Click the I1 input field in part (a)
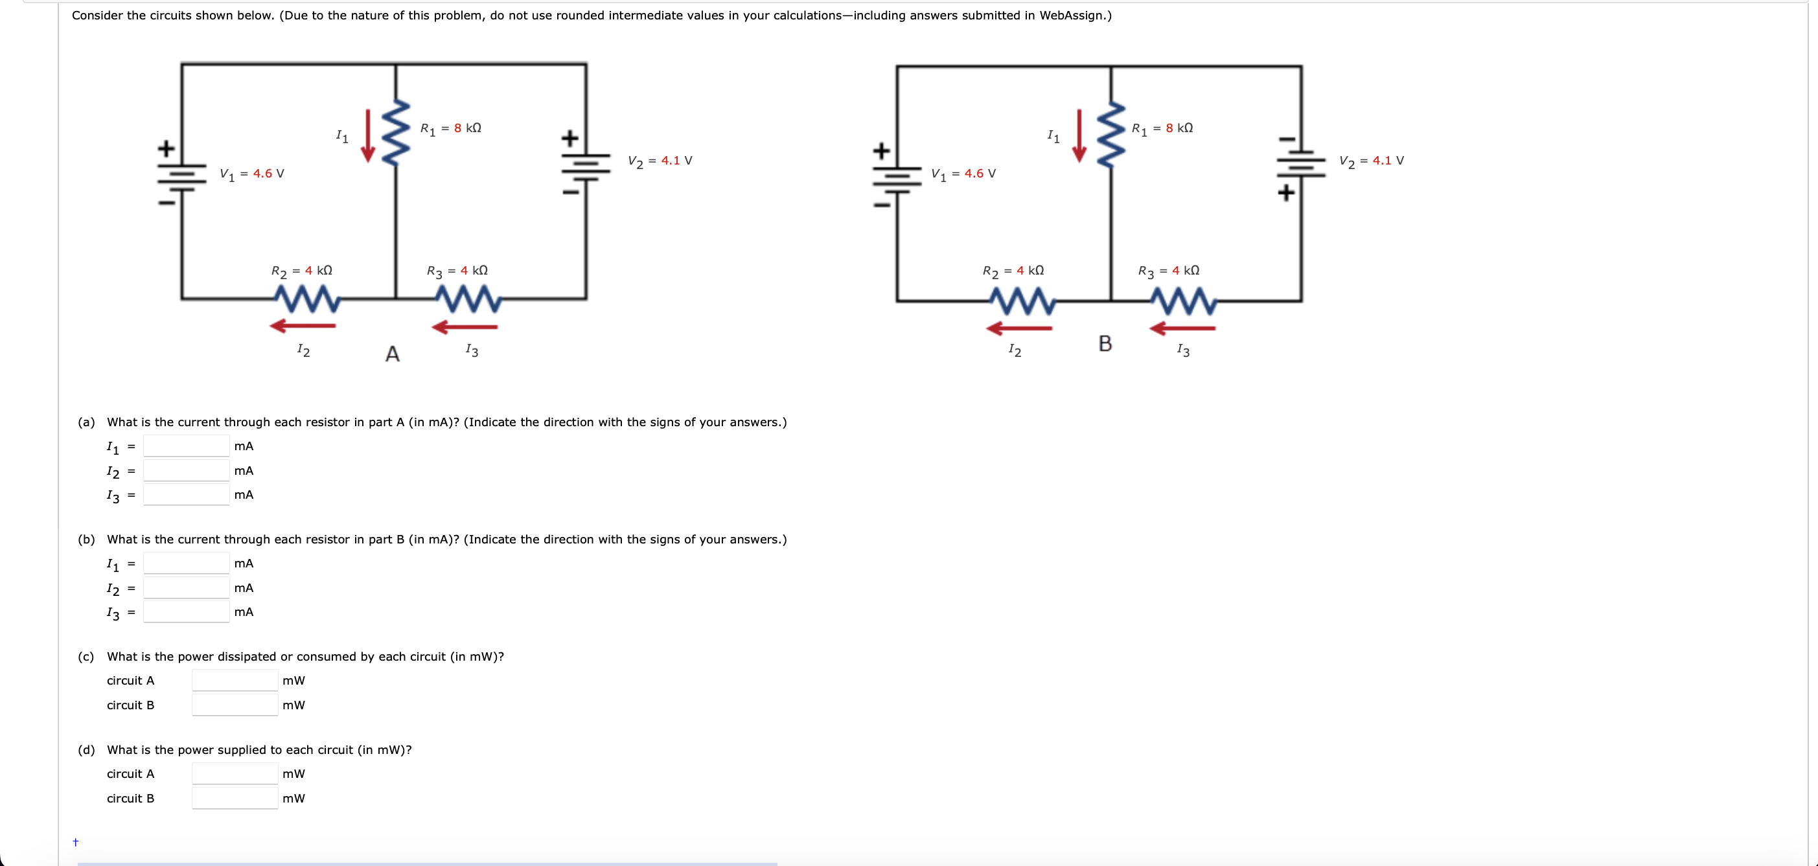coord(187,446)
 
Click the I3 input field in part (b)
coord(187,611)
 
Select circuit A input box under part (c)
coord(235,680)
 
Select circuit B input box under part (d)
coord(235,797)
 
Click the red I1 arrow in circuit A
coord(368,135)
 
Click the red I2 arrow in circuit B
coord(1018,328)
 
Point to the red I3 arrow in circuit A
coord(465,327)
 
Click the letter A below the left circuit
coord(393,354)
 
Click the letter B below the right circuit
coord(1105,344)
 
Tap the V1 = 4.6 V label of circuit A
coord(252,174)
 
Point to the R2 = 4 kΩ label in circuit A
coord(301,271)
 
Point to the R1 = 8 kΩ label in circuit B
coord(1162,128)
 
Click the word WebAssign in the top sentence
coord(1073,16)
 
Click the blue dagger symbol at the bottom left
coord(76,842)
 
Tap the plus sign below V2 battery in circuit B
coord(1286,192)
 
